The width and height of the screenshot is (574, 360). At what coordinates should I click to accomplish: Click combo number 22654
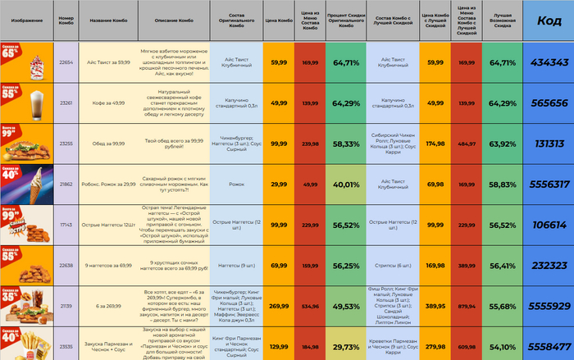pos(67,62)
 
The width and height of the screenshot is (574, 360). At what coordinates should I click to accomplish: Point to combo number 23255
pos(67,144)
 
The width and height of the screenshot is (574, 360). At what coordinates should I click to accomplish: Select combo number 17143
pos(67,225)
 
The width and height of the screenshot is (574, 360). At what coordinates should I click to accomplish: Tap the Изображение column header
pos(27,21)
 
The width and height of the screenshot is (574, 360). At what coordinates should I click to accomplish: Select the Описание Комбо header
pos(173,21)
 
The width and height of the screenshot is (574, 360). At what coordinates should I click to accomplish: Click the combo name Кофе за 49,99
pos(107,103)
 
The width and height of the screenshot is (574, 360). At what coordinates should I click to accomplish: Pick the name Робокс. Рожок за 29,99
pos(107,185)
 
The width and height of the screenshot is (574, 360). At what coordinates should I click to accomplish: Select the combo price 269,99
pos(279,305)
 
